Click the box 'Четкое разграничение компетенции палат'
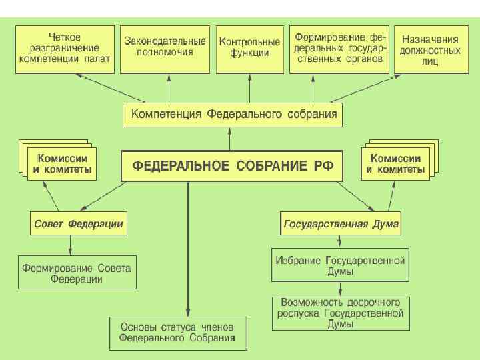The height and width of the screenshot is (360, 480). (65, 49)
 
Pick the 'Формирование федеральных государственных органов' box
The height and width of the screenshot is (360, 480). (341, 49)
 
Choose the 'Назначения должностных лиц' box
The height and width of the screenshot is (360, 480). (430, 49)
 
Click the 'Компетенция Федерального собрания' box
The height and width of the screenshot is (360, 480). (233, 115)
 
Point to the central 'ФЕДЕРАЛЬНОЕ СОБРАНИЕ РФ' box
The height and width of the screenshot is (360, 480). (231, 166)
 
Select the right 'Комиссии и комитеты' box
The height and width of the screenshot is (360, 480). (395, 165)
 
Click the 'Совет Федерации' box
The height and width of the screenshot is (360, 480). (78, 224)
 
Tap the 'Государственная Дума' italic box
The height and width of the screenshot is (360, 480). (341, 224)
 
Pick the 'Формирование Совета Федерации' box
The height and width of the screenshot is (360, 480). (77, 273)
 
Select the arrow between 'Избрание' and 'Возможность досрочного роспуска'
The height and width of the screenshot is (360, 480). (341, 289)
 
